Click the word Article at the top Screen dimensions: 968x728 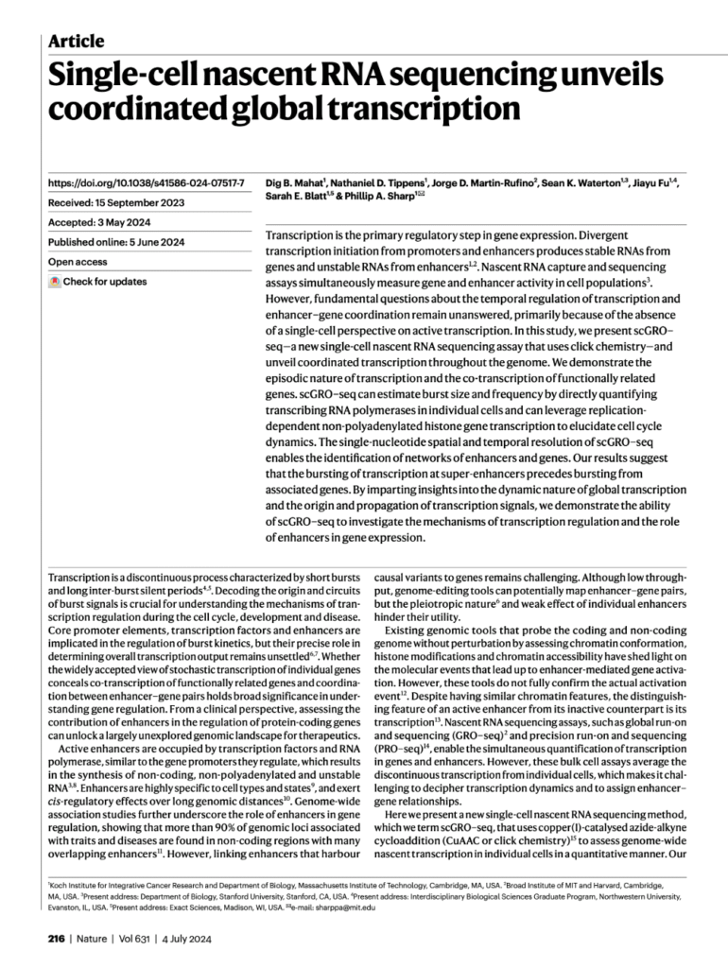75,41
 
